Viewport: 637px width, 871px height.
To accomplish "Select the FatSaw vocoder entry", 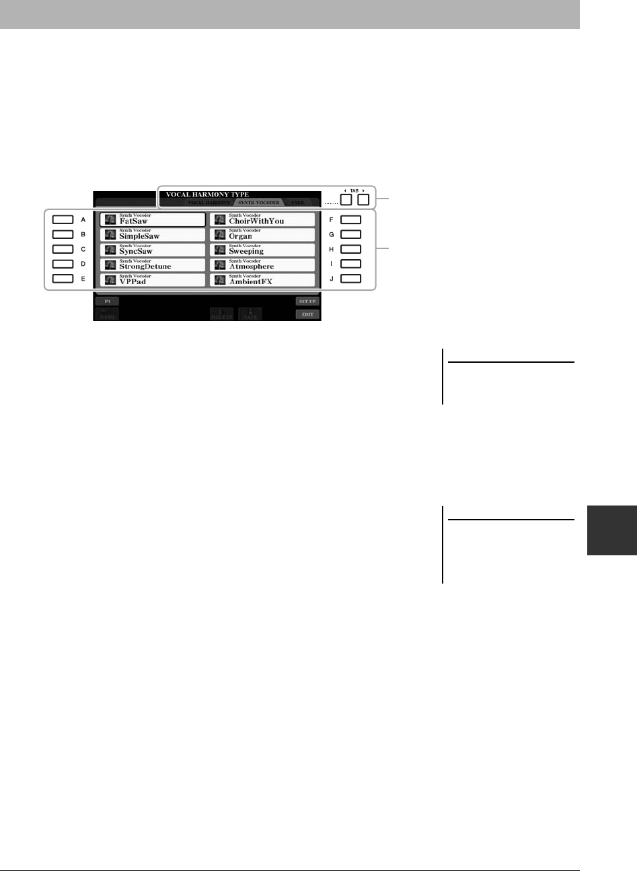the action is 153,219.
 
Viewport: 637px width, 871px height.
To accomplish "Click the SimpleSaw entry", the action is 153,235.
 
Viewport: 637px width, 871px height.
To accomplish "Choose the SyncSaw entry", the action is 153,250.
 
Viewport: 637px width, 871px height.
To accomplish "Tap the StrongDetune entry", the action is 153,265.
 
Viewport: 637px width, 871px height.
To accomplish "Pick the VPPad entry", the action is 153,280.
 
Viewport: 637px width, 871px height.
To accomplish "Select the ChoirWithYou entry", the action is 262,219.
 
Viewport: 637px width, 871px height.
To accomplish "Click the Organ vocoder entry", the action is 262,235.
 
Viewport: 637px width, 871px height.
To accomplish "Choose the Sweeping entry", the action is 262,250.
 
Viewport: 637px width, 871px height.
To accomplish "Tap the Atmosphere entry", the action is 262,265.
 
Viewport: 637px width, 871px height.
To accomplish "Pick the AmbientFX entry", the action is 262,280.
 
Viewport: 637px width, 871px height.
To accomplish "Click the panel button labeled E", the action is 63,278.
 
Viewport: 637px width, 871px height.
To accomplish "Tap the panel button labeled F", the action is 350,219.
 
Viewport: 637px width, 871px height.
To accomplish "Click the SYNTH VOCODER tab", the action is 258,202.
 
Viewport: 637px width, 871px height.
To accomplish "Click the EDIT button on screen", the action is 307,314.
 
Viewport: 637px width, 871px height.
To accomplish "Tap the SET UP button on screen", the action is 307,302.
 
